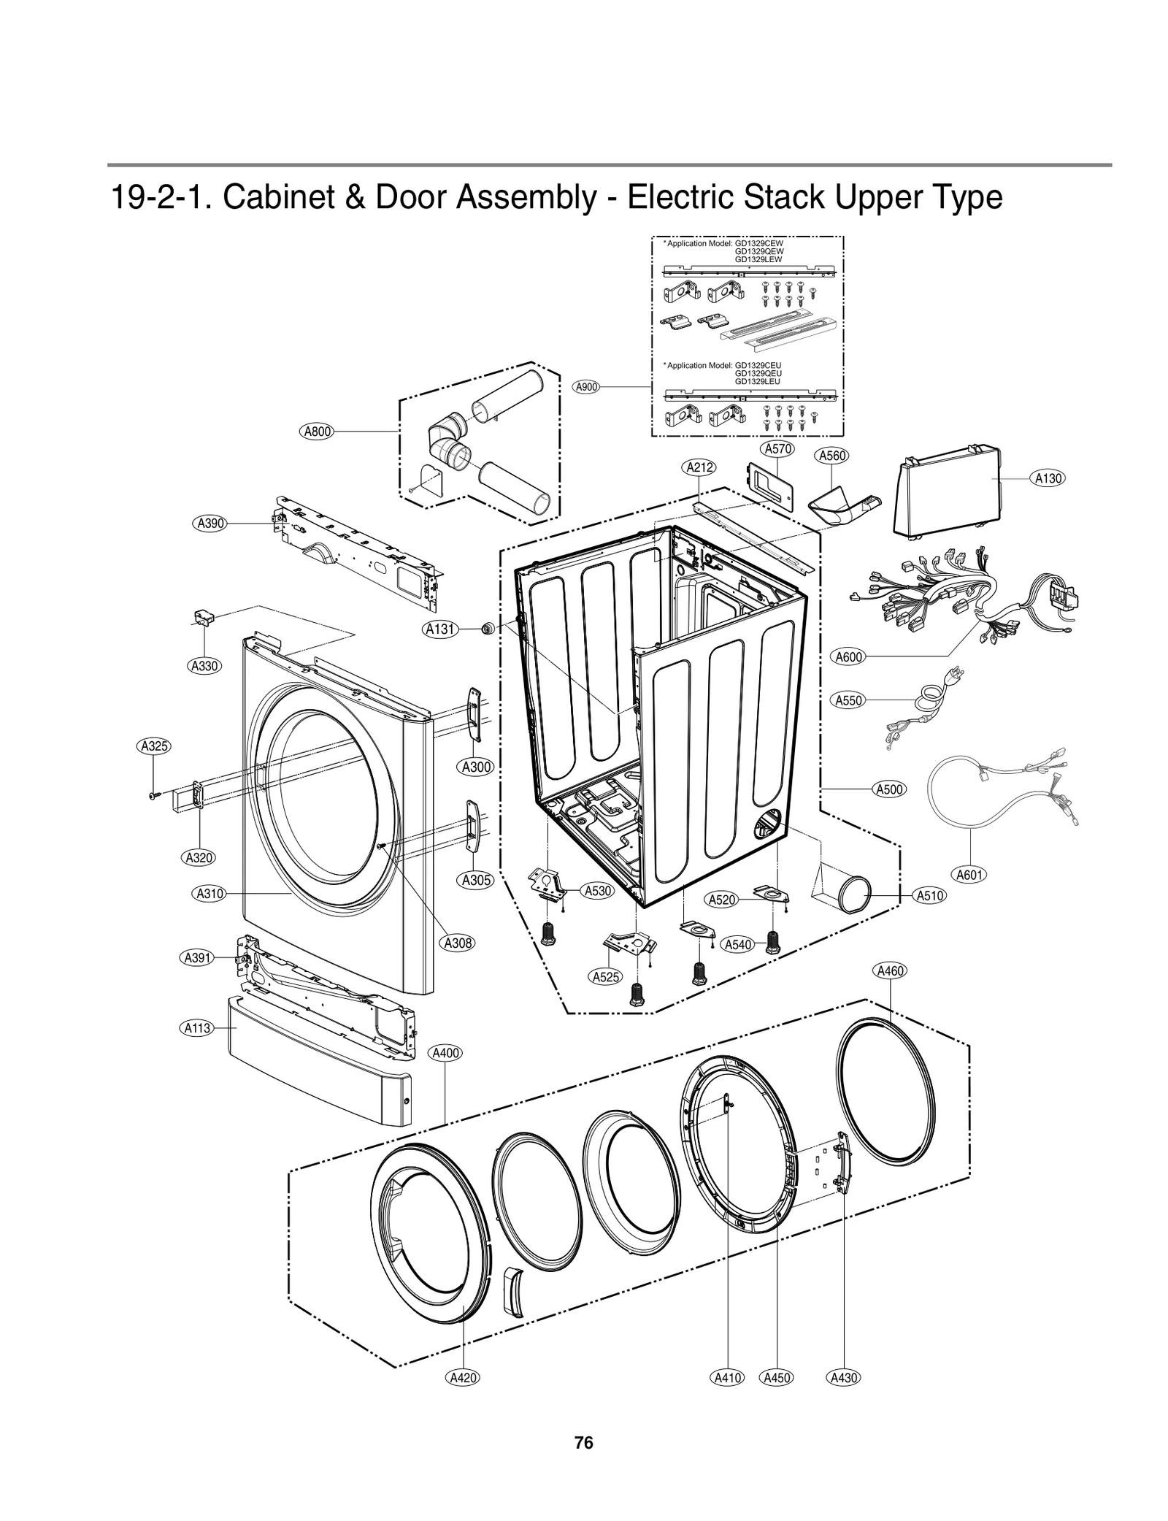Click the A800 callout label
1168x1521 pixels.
click(317, 432)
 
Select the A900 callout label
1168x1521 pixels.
click(587, 387)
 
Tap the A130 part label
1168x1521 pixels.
click(1048, 478)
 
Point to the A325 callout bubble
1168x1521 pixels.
click(154, 746)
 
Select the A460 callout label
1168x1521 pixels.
click(890, 970)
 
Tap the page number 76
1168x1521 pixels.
click(583, 1443)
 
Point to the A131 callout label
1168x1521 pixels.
click(441, 629)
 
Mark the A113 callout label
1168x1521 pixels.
click(196, 1028)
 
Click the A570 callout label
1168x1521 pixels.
click(777, 449)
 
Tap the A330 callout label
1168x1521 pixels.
click(204, 665)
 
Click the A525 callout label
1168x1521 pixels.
click(606, 977)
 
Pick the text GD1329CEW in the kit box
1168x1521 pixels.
click(758, 243)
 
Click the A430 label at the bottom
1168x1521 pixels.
click(843, 1378)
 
